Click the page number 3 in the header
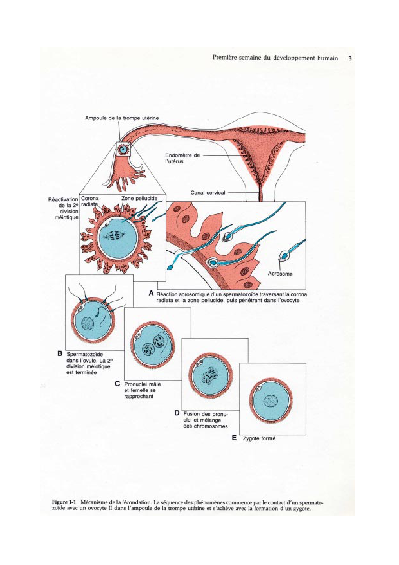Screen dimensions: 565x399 (x=350, y=58)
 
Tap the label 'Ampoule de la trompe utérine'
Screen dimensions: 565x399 (x=122, y=118)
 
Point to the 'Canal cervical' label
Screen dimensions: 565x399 (x=208, y=193)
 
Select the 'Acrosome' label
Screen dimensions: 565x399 (x=280, y=274)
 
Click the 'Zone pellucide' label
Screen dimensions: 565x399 (x=139, y=198)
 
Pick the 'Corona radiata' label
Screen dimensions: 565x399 (x=90, y=201)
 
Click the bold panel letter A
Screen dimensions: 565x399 (x=151, y=293)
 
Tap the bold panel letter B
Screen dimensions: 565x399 (x=60, y=353)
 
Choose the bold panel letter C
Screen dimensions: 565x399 (x=117, y=384)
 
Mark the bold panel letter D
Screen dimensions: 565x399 (x=177, y=413)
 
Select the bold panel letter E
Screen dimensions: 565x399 (x=234, y=438)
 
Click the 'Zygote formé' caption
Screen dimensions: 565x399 (x=259, y=438)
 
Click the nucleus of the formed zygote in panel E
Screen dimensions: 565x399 (x=271, y=401)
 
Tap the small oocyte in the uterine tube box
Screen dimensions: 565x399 (x=123, y=149)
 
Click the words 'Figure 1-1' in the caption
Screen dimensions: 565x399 (x=64, y=502)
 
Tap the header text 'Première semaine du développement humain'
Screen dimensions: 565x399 (x=275, y=58)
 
